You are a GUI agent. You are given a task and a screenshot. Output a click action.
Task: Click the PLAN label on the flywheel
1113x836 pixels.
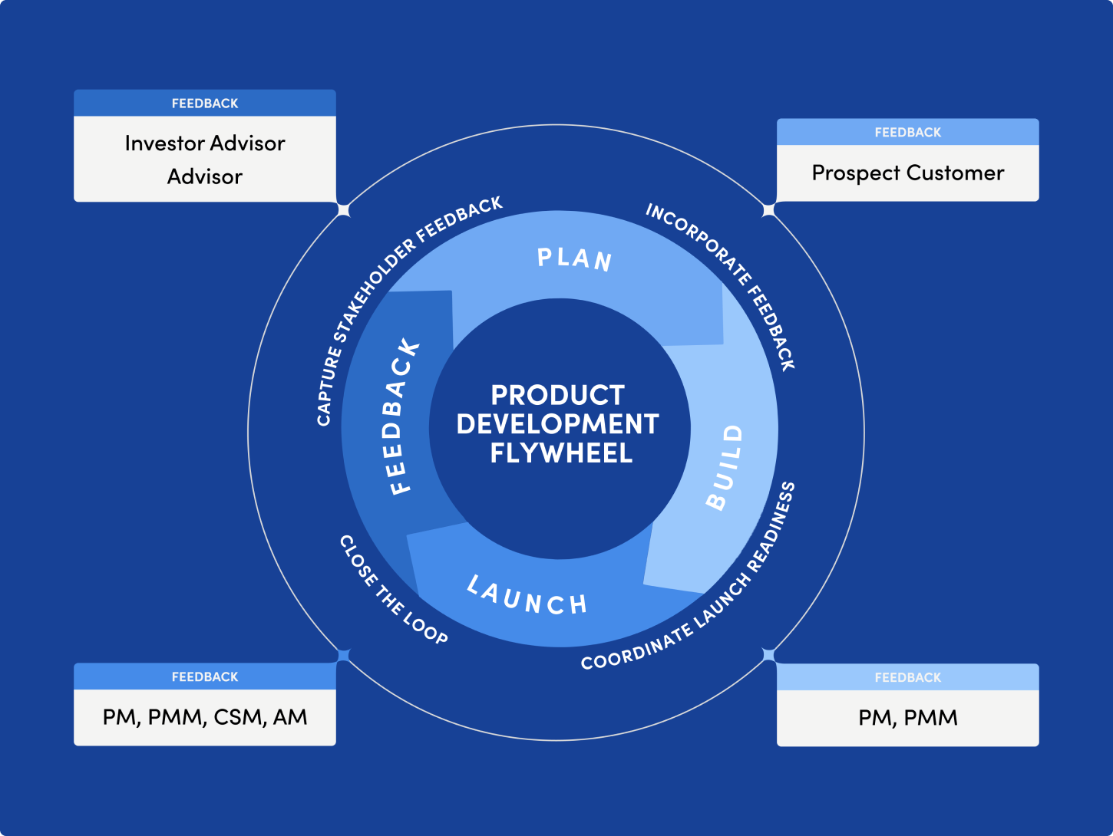[x=574, y=259]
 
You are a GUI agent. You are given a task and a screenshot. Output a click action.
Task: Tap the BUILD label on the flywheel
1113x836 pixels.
[x=725, y=467]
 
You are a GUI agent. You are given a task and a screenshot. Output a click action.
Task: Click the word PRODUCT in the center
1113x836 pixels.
[x=558, y=395]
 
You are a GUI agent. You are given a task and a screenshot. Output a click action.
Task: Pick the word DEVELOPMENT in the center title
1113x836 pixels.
[x=558, y=424]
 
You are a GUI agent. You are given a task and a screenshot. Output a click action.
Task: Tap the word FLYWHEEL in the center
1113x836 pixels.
[x=561, y=453]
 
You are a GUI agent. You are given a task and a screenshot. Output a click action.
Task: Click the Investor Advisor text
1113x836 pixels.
[x=205, y=143]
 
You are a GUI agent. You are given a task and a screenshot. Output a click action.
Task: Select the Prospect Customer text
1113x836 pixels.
[x=908, y=173]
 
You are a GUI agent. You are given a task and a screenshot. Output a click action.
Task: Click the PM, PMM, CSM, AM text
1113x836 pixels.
[x=205, y=717]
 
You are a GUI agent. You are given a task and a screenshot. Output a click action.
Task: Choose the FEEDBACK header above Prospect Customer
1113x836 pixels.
[x=908, y=133]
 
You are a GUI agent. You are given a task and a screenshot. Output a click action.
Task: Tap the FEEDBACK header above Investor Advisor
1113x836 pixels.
[x=205, y=104]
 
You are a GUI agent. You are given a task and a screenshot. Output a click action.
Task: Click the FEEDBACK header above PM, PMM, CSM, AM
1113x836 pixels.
[x=205, y=677]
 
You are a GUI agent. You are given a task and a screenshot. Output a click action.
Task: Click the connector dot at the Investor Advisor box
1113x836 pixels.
[x=344, y=209]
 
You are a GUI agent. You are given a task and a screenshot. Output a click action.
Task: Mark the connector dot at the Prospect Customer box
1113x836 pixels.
[x=768, y=209]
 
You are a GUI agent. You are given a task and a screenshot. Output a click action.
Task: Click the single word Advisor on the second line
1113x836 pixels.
[x=205, y=177]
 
